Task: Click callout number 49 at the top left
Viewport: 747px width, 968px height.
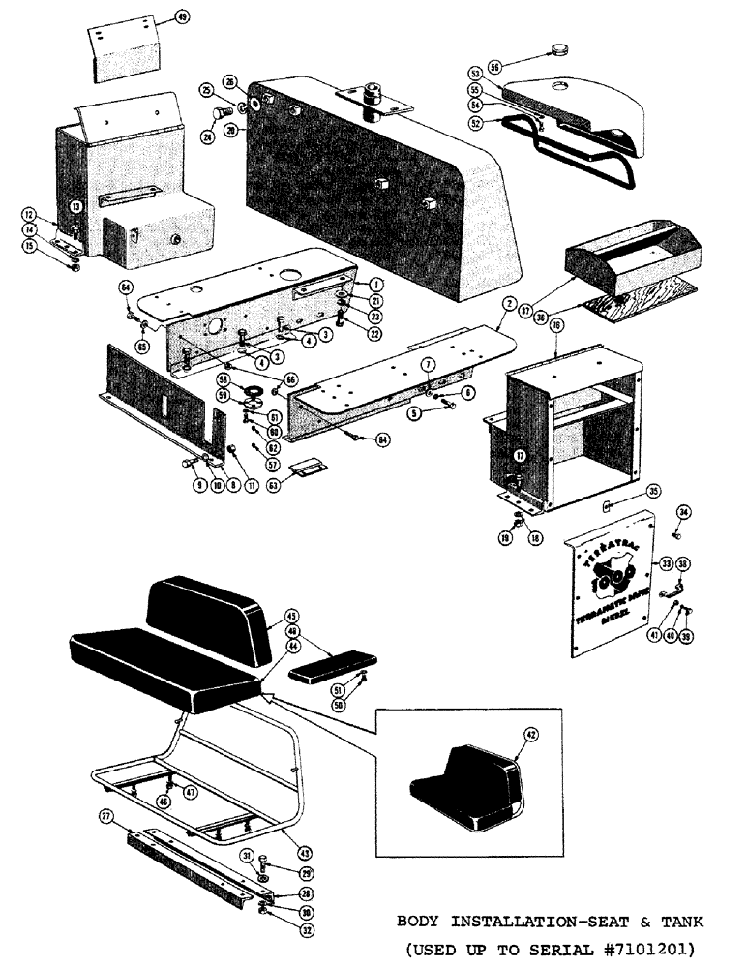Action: click(183, 16)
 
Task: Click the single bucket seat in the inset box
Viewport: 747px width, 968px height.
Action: click(465, 788)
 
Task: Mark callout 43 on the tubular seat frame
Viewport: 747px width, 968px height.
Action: click(305, 853)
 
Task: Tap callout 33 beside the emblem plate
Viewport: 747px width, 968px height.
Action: click(666, 561)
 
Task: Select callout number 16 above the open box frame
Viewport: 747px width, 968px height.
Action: click(557, 328)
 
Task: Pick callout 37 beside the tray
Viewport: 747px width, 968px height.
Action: click(553, 309)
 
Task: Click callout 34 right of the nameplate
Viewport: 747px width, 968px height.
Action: click(683, 512)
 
